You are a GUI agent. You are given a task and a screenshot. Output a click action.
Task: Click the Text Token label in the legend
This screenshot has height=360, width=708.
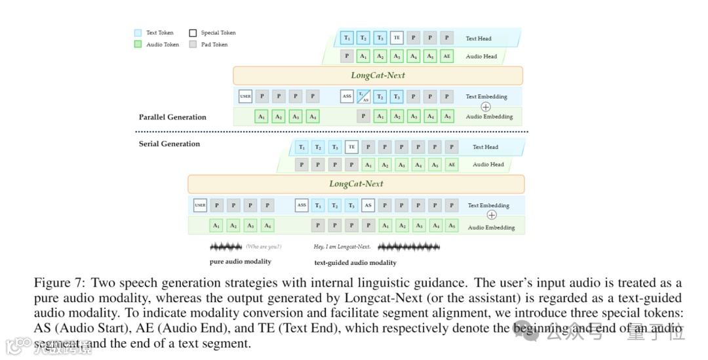(160, 32)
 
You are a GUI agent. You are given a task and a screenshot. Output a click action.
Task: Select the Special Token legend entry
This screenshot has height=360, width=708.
(218, 32)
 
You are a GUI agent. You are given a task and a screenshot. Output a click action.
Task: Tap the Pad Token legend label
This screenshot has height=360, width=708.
(214, 44)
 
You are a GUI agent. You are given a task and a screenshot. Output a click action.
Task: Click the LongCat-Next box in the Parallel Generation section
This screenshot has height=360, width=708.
(378, 75)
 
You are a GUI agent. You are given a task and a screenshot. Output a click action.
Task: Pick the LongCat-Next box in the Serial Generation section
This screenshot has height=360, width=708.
(356, 184)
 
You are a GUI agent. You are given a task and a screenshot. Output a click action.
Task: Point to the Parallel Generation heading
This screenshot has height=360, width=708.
(172, 117)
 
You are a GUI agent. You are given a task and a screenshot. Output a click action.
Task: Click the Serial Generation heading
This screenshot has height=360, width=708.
(169, 144)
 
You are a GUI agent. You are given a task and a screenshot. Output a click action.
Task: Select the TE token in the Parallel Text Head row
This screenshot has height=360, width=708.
(397, 38)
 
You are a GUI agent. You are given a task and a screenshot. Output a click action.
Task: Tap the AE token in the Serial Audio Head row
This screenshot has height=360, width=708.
(451, 165)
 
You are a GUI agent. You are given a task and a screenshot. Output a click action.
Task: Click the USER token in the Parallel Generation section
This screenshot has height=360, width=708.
(245, 96)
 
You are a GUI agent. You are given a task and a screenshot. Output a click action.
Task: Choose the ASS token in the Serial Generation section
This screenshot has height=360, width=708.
(302, 205)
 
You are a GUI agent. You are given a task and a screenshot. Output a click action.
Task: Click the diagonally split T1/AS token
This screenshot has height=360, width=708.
(363, 96)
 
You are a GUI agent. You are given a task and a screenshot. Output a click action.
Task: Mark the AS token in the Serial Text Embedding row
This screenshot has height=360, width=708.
(368, 205)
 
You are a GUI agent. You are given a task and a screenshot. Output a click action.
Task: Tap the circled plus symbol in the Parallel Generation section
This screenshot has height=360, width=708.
(486, 106)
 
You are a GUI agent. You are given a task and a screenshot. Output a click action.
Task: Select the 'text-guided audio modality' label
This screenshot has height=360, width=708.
(355, 262)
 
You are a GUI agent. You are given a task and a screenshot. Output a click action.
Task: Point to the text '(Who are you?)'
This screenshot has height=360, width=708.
(264, 247)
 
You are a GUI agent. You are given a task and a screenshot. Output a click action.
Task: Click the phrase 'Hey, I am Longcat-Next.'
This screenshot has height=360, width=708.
(342, 247)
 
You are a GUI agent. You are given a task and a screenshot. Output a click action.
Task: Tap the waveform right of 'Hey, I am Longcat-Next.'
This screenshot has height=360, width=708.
(408, 247)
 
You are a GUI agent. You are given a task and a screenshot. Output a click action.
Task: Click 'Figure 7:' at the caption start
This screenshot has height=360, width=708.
(60, 283)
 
